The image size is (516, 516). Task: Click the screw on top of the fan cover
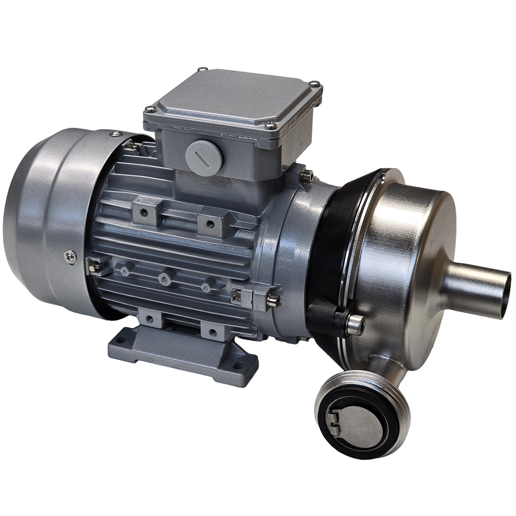point(114,135)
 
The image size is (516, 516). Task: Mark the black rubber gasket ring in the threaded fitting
point(327,400)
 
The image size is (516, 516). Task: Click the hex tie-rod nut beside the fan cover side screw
point(91,266)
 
